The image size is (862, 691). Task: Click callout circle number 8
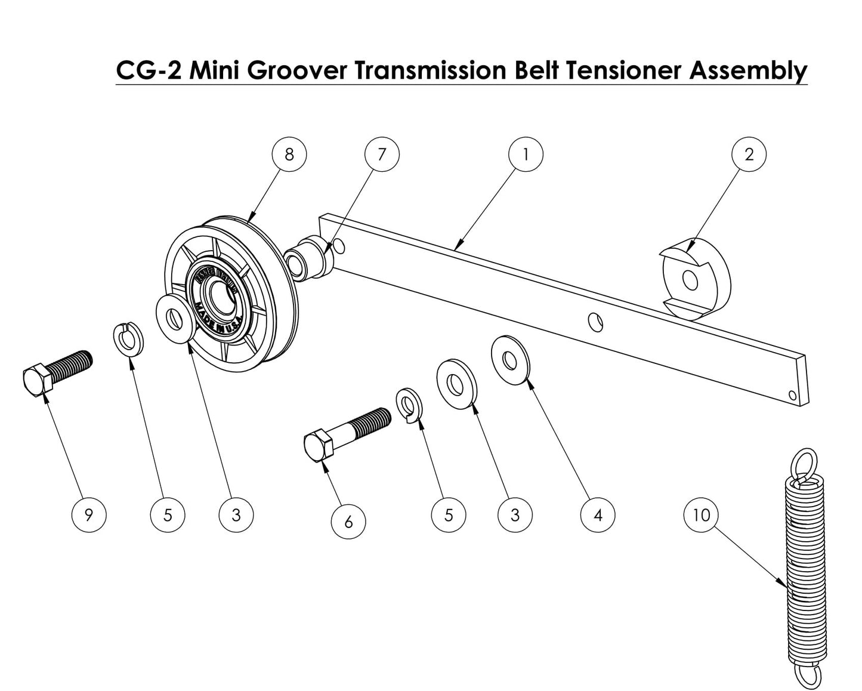pyautogui.click(x=289, y=155)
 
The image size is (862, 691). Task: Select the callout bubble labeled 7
pyautogui.click(x=382, y=155)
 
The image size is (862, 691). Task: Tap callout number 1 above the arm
pyautogui.click(x=526, y=155)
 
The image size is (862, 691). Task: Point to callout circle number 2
pyautogui.click(x=749, y=155)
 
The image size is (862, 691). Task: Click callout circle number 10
pyautogui.click(x=702, y=514)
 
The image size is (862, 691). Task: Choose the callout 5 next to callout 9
pyautogui.click(x=168, y=514)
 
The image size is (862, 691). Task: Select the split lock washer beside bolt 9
pyautogui.click(x=126, y=340)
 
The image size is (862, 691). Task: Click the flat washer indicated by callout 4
pyautogui.click(x=510, y=360)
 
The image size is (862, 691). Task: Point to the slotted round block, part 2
pyautogui.click(x=696, y=280)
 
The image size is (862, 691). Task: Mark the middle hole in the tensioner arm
pyautogui.click(x=595, y=322)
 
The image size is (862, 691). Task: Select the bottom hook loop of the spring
pyautogui.click(x=808, y=674)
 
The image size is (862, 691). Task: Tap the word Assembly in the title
pyautogui.click(x=748, y=70)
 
